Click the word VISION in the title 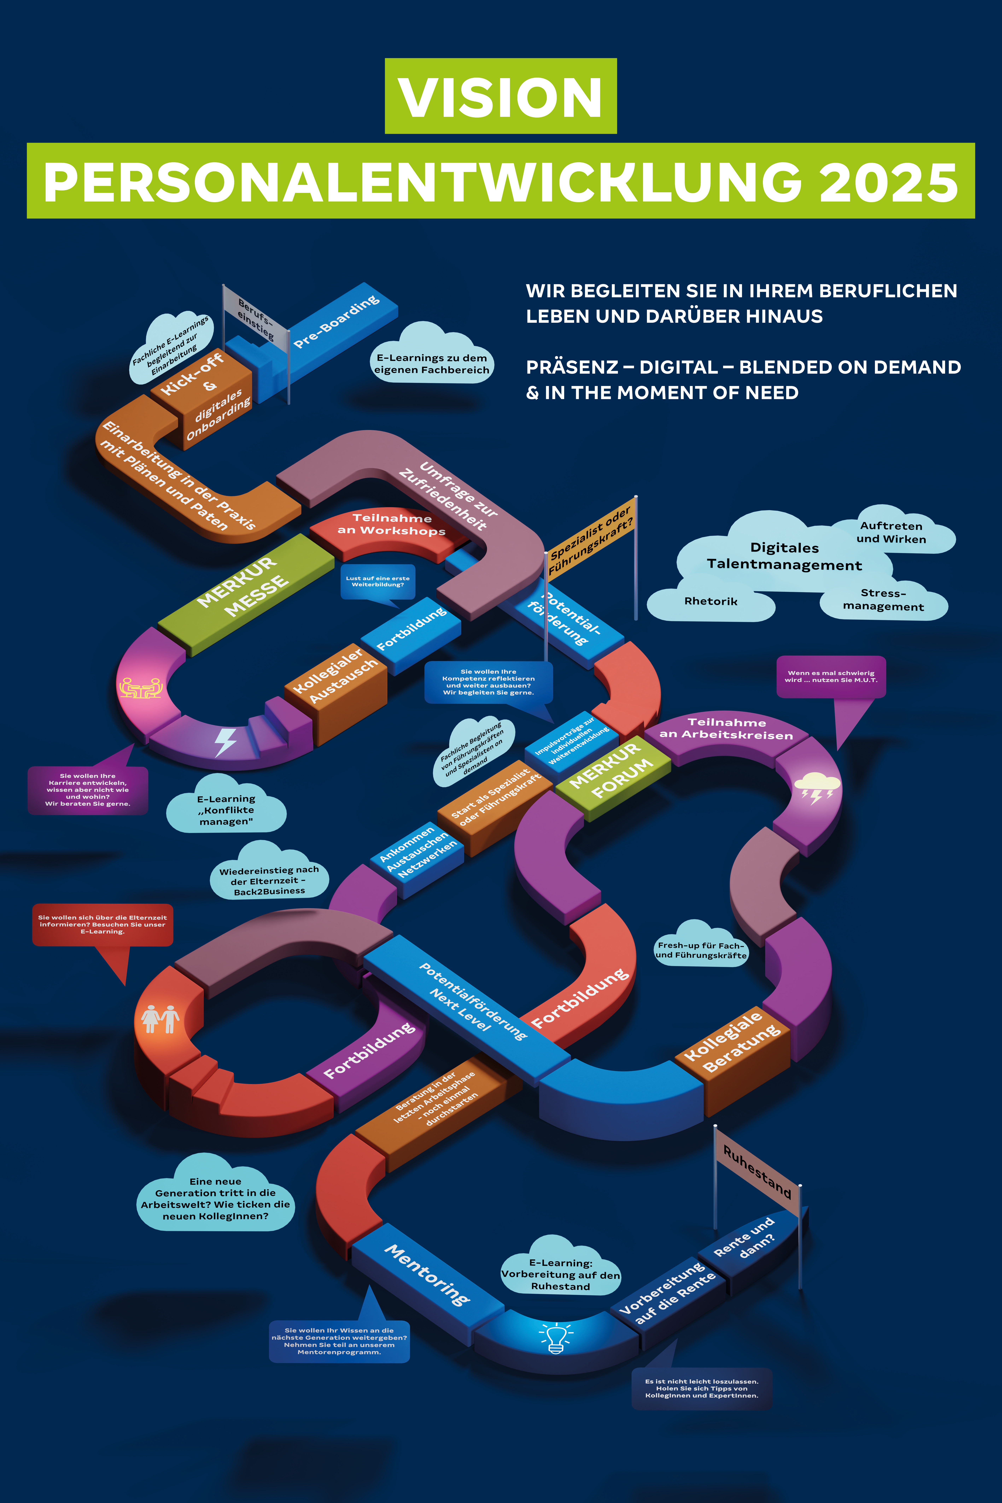[x=500, y=97]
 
